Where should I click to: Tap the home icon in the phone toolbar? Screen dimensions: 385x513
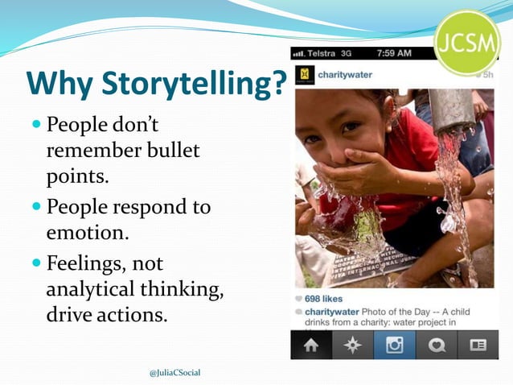coord(312,346)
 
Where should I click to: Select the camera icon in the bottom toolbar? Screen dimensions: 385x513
coord(394,346)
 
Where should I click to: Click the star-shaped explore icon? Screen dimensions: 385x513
coord(353,346)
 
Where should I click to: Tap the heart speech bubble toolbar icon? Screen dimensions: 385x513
coord(437,346)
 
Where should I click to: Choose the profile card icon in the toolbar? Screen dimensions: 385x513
coord(478,346)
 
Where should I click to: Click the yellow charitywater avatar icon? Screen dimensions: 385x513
coord(306,75)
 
